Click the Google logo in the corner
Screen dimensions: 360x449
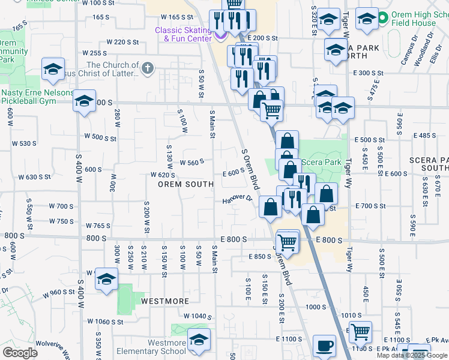(x=20, y=353)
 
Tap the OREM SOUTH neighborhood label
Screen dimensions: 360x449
(x=185, y=184)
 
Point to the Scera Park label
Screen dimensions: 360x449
(x=324, y=162)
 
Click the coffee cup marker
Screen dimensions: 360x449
(x=325, y=346)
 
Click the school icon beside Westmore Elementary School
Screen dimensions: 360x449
(x=199, y=340)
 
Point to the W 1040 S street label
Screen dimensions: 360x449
(x=198, y=316)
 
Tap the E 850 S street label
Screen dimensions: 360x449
(x=260, y=257)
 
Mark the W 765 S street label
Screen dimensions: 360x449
(x=98, y=226)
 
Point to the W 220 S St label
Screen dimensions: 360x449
(x=122, y=42)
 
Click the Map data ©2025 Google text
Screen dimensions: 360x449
(x=412, y=355)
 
